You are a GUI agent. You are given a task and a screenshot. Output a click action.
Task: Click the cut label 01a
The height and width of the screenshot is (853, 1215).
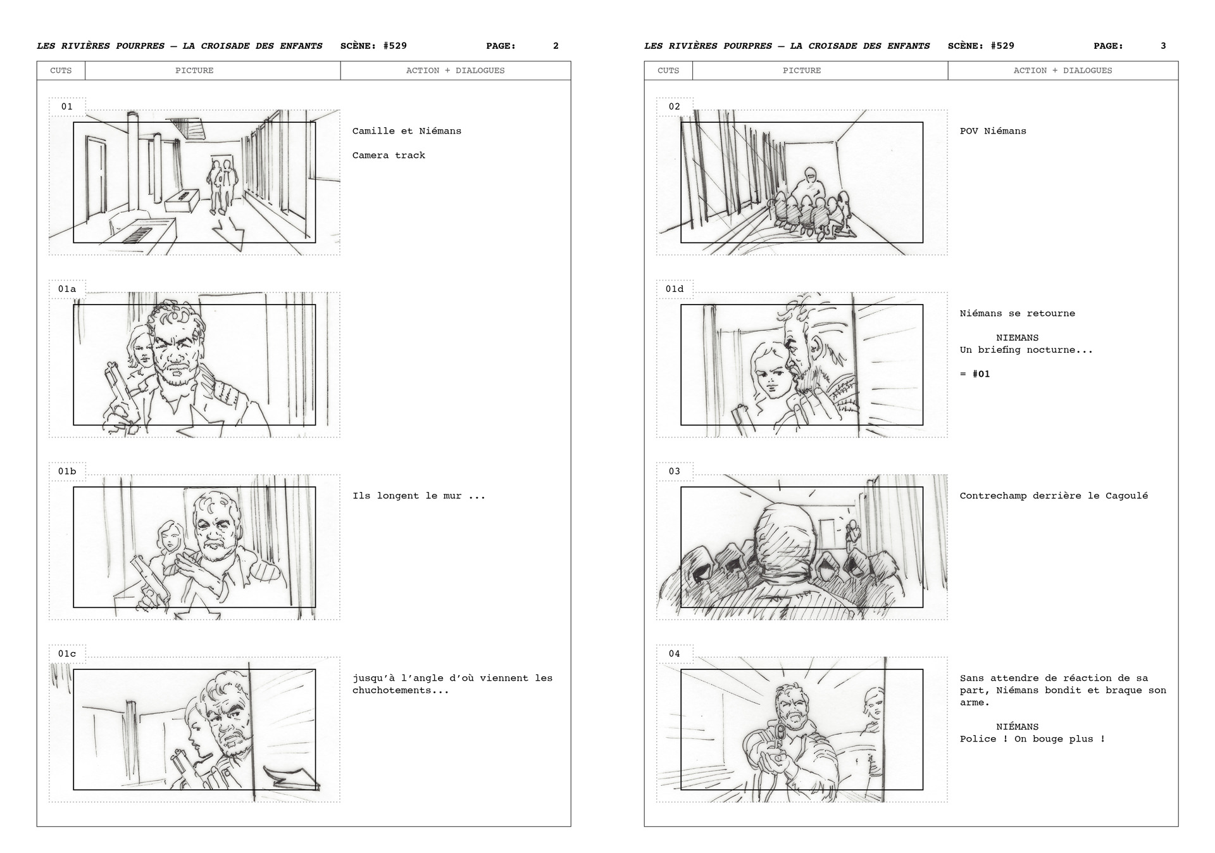coord(67,289)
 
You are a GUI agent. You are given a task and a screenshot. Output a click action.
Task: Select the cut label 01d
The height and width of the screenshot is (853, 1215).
coord(675,289)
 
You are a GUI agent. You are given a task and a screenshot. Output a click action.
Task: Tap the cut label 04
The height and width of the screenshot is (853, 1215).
coord(675,654)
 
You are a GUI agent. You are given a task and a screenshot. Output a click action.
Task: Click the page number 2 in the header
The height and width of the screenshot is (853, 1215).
coord(556,46)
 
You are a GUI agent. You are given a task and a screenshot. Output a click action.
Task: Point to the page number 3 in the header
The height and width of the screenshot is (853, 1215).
coord(1163,46)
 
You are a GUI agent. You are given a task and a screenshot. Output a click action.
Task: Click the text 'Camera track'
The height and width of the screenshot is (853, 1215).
coord(389,155)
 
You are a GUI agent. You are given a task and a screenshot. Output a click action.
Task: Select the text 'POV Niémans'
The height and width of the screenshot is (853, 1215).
coord(993,131)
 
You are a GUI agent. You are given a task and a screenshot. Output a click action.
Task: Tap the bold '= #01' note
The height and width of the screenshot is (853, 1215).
coord(975,374)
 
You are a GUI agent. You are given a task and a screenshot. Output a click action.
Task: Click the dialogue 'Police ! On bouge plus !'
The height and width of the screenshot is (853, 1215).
coord(1032,738)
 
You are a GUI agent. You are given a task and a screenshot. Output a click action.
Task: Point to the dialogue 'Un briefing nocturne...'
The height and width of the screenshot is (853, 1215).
coord(1026,350)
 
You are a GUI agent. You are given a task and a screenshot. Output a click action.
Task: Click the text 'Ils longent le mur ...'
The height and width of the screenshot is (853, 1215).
coord(419,496)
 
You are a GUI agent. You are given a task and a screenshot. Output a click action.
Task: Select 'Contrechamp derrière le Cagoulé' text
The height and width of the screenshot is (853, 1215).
coord(1054,496)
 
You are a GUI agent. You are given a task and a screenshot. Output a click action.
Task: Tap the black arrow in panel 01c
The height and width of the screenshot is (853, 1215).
coord(291,778)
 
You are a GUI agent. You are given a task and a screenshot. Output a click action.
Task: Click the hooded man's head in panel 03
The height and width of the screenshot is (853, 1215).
coord(785,538)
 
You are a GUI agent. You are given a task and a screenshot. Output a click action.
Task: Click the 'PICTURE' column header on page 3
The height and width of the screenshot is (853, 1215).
coord(802,70)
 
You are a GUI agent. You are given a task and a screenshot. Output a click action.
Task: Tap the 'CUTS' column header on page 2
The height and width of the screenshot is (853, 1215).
coord(61,70)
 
